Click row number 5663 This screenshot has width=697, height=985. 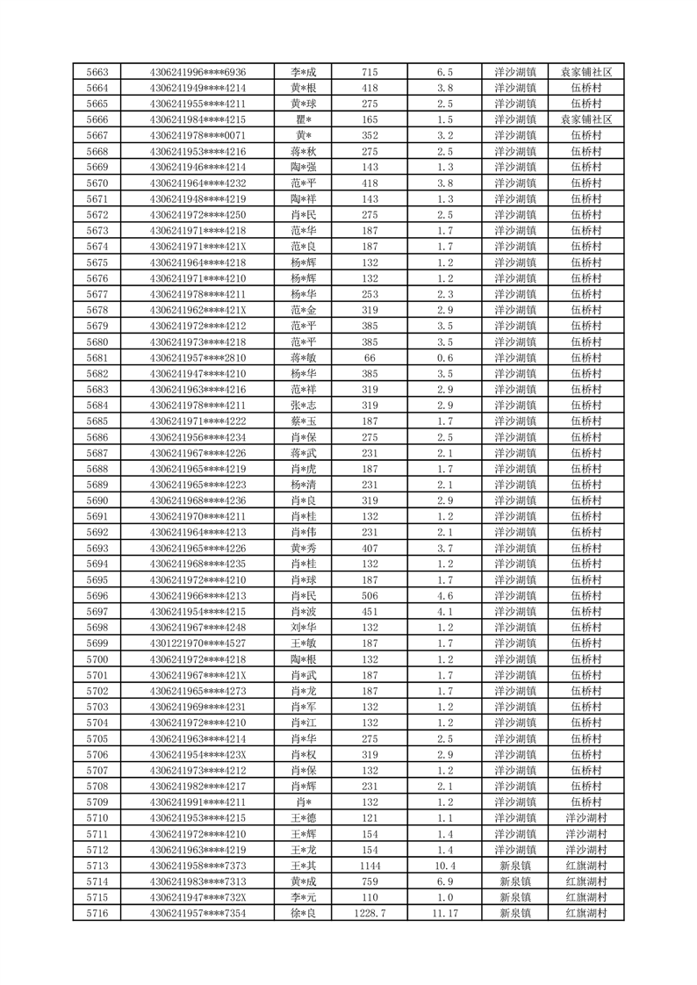point(97,72)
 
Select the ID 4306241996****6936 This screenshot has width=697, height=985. point(198,72)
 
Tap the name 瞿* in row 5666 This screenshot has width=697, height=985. point(303,119)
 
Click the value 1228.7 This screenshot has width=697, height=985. point(370,913)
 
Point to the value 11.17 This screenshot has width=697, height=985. point(445,913)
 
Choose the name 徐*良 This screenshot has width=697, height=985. point(303,913)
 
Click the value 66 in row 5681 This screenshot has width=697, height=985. point(370,357)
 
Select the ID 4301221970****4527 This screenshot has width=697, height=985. point(198,643)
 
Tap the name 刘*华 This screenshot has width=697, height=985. point(303,628)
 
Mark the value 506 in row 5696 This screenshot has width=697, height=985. point(370,595)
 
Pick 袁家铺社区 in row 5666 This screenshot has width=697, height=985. point(586,119)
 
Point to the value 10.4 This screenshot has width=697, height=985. point(445,866)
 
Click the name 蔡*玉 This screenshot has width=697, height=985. point(303,421)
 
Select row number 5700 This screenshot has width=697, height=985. point(97,659)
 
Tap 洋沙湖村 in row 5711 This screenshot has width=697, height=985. point(586,834)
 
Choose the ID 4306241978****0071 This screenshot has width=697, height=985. point(198,135)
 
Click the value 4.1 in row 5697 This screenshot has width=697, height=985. point(445,612)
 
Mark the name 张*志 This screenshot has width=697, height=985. point(303,406)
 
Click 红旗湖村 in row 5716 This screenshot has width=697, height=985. point(586,913)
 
